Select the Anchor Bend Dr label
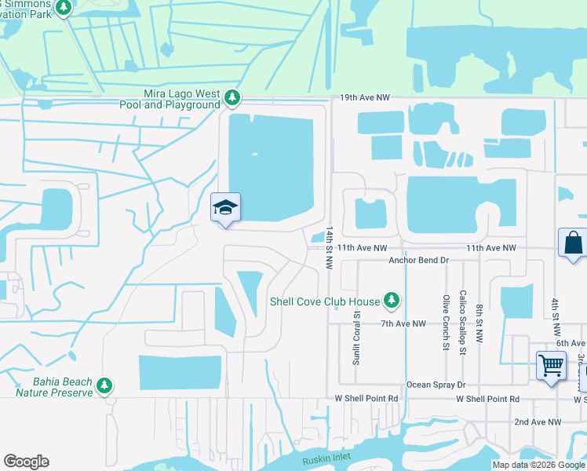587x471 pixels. point(418,260)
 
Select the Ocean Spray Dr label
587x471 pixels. point(436,385)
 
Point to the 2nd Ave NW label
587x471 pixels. point(538,422)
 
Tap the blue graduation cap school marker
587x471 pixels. point(225,208)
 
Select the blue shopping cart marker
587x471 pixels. point(551,365)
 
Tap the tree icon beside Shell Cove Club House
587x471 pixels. point(391,301)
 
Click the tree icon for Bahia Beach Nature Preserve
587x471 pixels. point(104,385)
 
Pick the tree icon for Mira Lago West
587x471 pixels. point(232,98)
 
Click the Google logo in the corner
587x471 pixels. point(26,462)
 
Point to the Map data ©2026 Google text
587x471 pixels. point(538,465)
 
